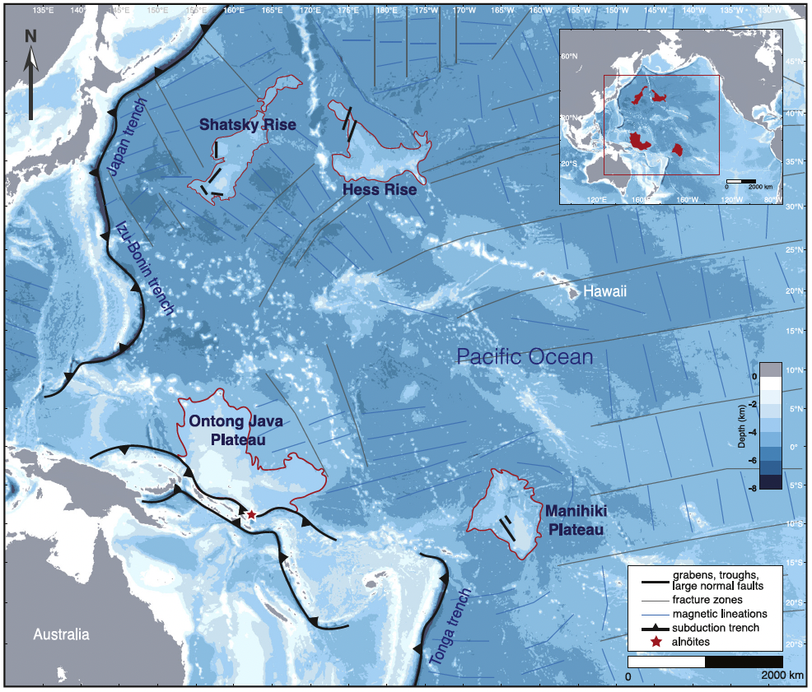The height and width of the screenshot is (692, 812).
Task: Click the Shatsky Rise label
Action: coord(248,125)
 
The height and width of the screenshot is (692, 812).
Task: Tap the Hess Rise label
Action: coord(379,190)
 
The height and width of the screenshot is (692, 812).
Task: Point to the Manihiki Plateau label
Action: coord(574,521)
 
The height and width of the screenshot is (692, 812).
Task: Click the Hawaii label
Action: coord(605,291)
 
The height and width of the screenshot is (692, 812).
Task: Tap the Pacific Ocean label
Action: coord(525,356)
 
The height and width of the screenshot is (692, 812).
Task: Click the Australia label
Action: coord(60,634)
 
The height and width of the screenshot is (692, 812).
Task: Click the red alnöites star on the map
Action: coord(251,515)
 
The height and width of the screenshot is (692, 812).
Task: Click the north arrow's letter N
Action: coord(30,36)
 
